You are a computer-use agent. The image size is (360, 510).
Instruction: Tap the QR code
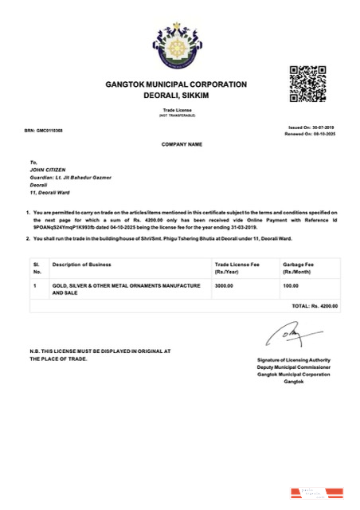(x=307, y=83)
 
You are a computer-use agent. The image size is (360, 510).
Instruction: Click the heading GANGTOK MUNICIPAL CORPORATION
(x=176, y=84)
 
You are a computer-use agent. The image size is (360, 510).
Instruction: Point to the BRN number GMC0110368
(x=45, y=130)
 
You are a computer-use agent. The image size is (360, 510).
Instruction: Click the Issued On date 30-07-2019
(x=311, y=127)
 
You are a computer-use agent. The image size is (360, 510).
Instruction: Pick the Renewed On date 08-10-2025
(x=310, y=134)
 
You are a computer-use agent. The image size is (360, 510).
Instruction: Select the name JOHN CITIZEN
(x=45, y=169)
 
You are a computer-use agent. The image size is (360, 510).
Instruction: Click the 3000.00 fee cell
(x=224, y=284)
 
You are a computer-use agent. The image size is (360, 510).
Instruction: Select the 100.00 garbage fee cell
(x=291, y=284)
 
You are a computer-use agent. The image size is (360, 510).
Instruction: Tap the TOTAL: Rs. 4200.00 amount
(x=315, y=305)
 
